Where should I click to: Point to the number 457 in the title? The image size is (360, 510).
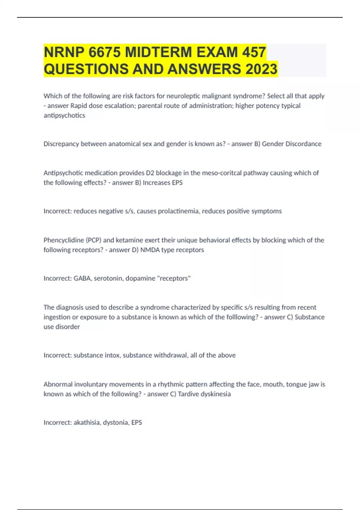click(254, 52)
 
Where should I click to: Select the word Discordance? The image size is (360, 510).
click(303, 144)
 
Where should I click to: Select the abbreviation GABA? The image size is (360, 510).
click(82, 278)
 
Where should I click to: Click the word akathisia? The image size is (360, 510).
click(86, 422)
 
